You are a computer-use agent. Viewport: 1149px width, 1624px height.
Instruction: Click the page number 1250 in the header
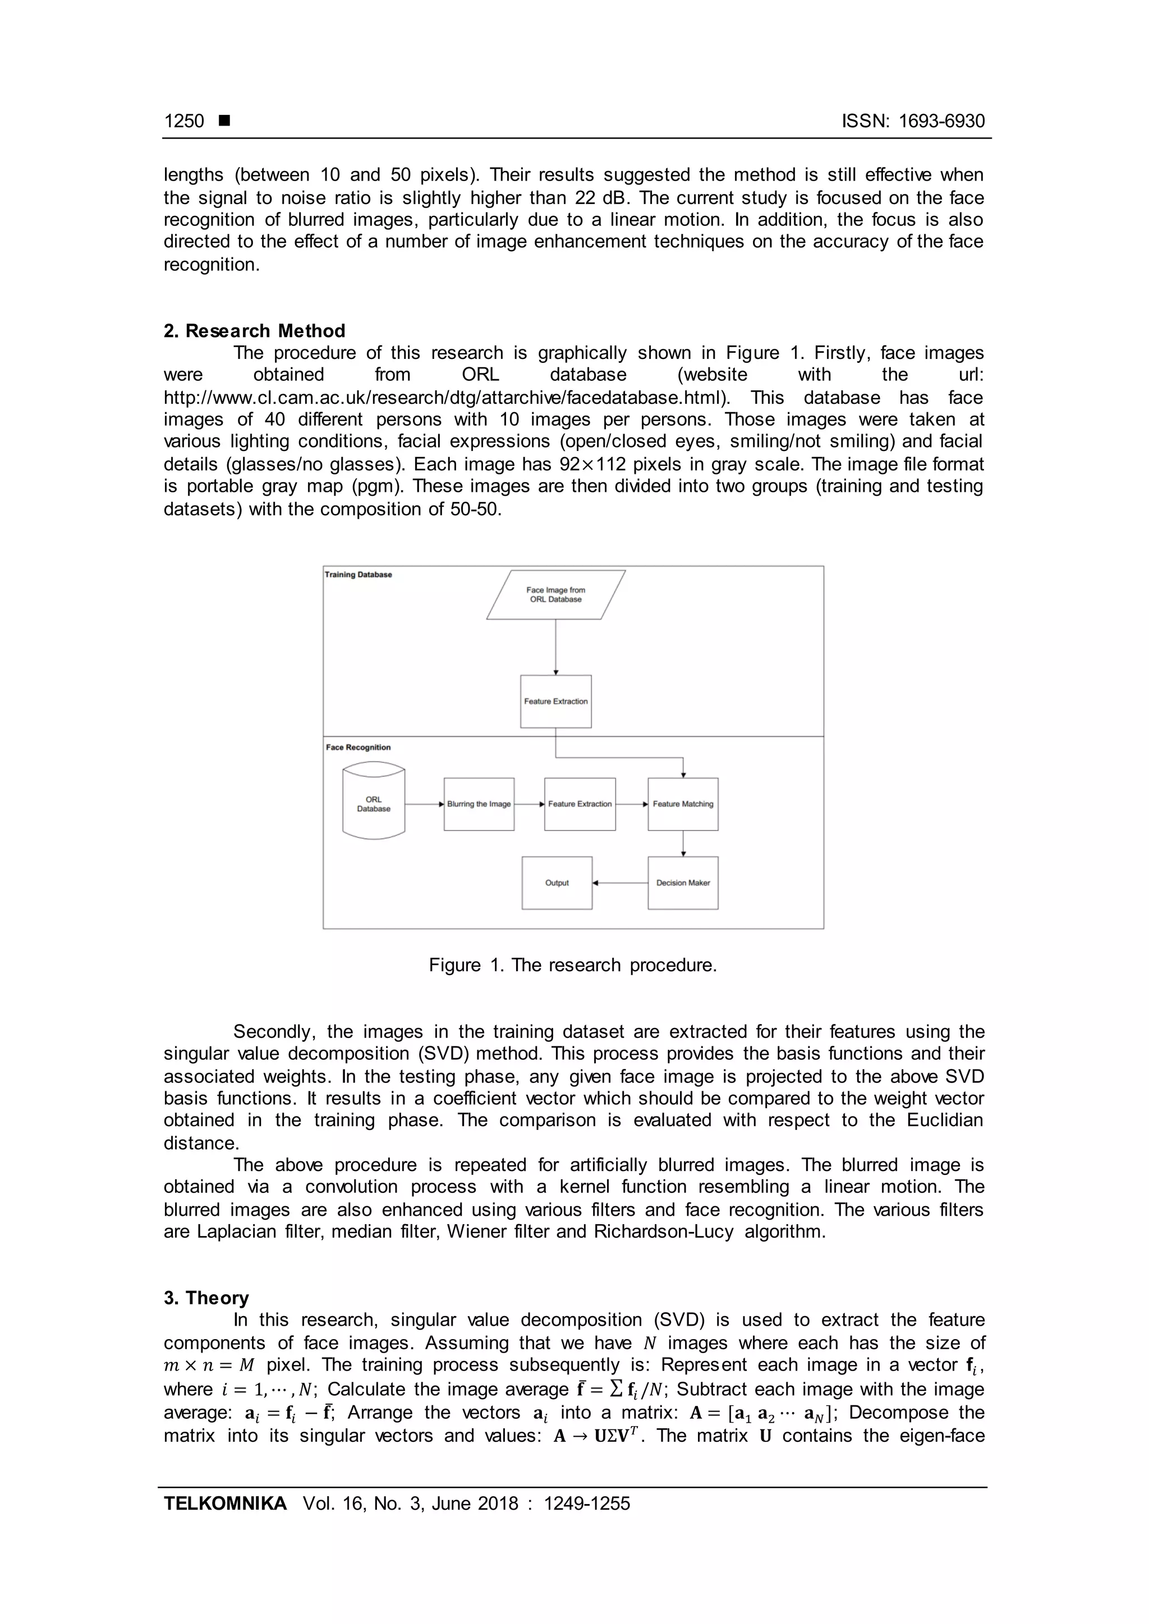click(184, 121)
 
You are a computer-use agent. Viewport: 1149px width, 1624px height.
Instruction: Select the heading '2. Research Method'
click(254, 331)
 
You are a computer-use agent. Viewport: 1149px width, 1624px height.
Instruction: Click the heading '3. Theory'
click(206, 1298)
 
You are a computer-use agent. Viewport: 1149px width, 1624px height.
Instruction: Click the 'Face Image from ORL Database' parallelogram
click(555, 595)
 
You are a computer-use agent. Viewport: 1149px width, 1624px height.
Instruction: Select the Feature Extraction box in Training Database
click(555, 702)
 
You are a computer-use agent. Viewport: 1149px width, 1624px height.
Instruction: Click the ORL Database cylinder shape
click(374, 804)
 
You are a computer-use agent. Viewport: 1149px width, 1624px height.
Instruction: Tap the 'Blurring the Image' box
click(479, 804)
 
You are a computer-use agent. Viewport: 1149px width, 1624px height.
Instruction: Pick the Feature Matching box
click(683, 804)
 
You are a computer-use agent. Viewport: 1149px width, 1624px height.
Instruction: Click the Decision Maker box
click(683, 883)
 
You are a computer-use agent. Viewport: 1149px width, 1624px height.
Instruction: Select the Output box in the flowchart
click(557, 883)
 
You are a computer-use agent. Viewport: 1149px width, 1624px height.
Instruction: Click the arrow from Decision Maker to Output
click(620, 883)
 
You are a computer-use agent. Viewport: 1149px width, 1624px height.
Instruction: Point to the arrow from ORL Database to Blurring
click(425, 804)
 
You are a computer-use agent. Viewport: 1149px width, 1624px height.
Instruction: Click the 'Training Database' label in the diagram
click(358, 574)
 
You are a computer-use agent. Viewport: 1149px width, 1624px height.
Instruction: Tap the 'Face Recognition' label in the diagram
click(358, 748)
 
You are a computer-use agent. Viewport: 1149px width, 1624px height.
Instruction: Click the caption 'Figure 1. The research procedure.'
click(572, 966)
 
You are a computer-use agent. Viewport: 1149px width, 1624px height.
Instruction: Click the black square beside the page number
click(224, 121)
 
